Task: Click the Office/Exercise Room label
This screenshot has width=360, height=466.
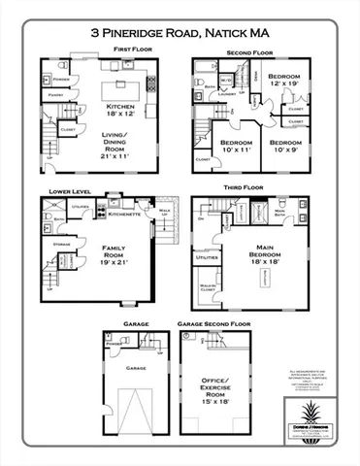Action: click(229, 396)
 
